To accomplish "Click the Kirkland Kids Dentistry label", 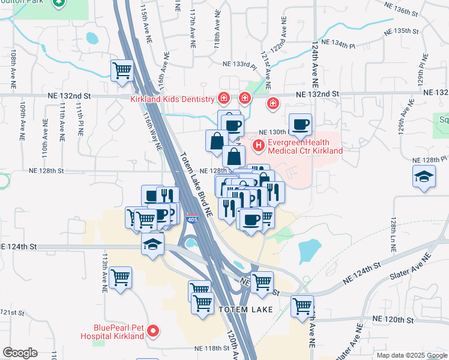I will point(172,99).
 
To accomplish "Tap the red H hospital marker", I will point(259,145).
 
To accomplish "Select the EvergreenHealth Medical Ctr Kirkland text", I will point(305,147).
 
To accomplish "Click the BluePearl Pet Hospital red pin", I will point(153,330).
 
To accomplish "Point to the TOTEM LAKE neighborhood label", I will point(246,310).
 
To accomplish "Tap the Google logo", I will point(20,353).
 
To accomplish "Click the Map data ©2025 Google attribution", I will point(411,355).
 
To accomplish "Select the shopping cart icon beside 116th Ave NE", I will point(122,70).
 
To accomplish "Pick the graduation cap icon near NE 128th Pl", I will point(424,176).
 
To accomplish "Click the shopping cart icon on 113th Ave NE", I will point(121,277).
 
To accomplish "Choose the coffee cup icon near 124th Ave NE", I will point(301,124).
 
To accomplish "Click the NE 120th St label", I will point(397,320).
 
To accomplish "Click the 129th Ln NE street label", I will point(394,235).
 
